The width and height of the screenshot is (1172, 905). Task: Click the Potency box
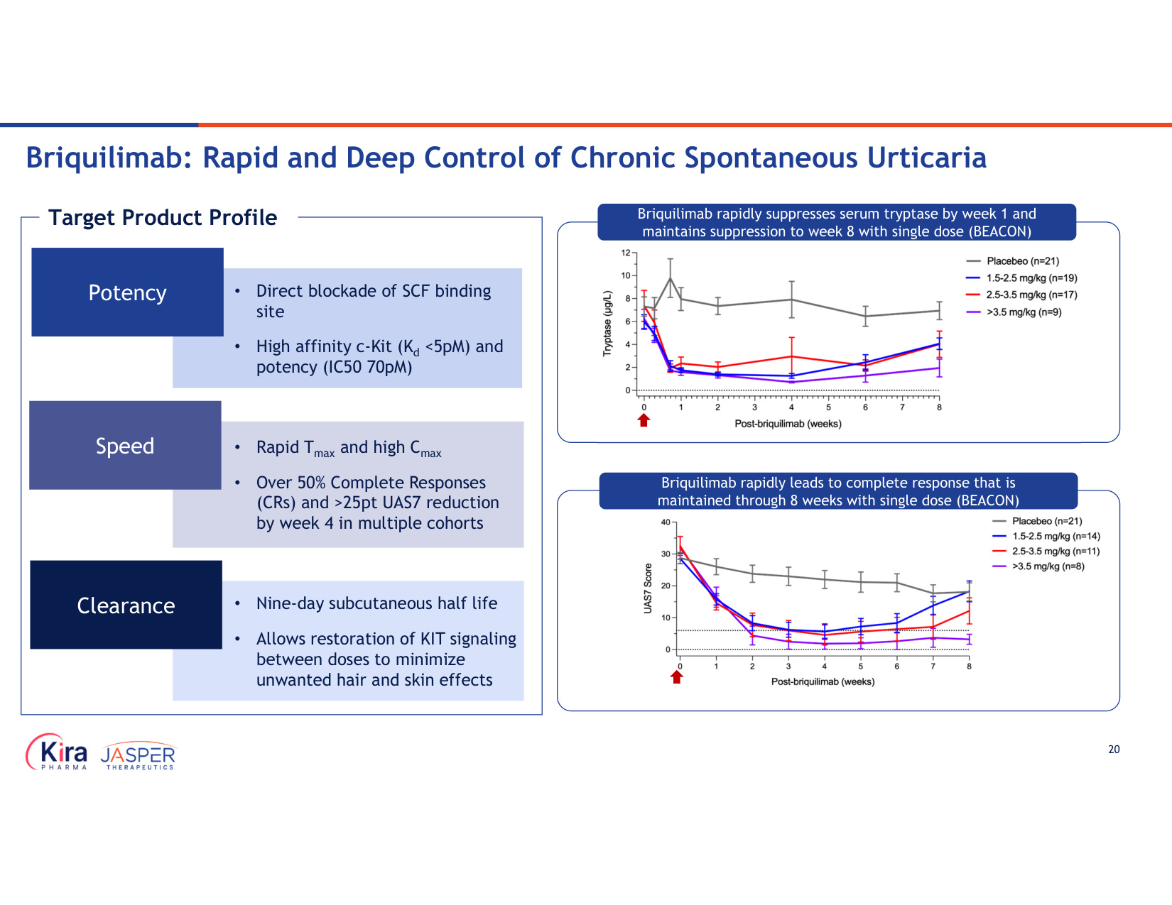click(127, 292)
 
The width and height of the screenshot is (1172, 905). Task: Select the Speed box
click(125, 445)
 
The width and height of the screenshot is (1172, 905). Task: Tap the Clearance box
click(126, 605)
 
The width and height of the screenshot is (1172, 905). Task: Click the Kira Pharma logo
click(56, 752)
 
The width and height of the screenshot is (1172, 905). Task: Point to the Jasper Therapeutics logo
click(139, 756)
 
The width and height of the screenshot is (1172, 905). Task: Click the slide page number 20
click(1114, 750)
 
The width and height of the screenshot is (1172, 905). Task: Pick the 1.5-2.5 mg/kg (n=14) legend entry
click(1046, 537)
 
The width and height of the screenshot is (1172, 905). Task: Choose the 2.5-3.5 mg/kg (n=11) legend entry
click(1046, 552)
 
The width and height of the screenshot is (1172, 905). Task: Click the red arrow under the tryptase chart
click(644, 420)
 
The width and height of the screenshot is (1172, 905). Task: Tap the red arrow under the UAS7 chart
click(677, 677)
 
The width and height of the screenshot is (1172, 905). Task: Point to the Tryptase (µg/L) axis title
click(608, 324)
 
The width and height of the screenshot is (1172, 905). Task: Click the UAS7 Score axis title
click(648, 588)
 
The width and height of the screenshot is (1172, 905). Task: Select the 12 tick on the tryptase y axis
click(626, 253)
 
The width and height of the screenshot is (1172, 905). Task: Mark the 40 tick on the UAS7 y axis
click(666, 522)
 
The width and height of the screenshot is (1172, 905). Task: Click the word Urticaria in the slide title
click(927, 158)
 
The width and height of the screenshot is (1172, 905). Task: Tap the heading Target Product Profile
click(163, 218)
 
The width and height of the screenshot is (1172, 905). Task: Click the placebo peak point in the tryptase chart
click(671, 278)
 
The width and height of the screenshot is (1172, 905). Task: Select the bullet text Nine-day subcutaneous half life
click(376, 603)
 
